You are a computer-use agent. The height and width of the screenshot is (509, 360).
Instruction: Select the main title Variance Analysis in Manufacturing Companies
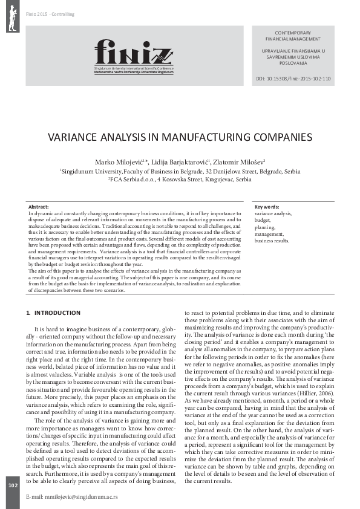tap(180, 137)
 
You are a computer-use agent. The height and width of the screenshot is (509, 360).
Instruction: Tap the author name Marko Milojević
tap(128, 162)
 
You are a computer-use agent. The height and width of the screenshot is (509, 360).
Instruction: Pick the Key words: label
tap(267, 207)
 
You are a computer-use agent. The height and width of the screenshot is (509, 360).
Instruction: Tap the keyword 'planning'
tap(266, 227)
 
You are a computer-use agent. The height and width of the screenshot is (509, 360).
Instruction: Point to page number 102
tap(13, 485)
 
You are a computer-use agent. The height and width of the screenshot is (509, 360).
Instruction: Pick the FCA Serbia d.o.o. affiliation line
tap(180, 180)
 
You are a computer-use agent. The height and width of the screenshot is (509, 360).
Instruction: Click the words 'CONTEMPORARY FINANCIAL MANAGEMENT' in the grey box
tap(293, 35)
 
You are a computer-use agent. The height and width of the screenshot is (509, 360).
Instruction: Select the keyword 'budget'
tap(263, 221)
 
